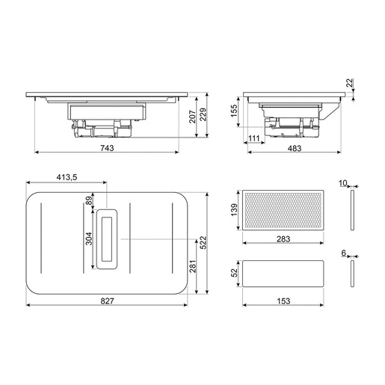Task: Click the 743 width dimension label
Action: pyautogui.click(x=107, y=148)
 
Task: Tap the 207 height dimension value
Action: pyautogui.click(x=192, y=117)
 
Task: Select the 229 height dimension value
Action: pyautogui.click(x=203, y=114)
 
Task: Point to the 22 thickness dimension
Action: pyautogui.click(x=350, y=83)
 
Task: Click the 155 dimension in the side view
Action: pyautogui.click(x=234, y=111)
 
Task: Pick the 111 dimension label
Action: pyautogui.click(x=254, y=138)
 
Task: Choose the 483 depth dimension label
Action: pyautogui.click(x=295, y=149)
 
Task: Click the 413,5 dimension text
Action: pyautogui.click(x=67, y=177)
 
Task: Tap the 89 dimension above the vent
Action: pyautogui.click(x=89, y=200)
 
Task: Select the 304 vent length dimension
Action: pyautogui.click(x=89, y=238)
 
